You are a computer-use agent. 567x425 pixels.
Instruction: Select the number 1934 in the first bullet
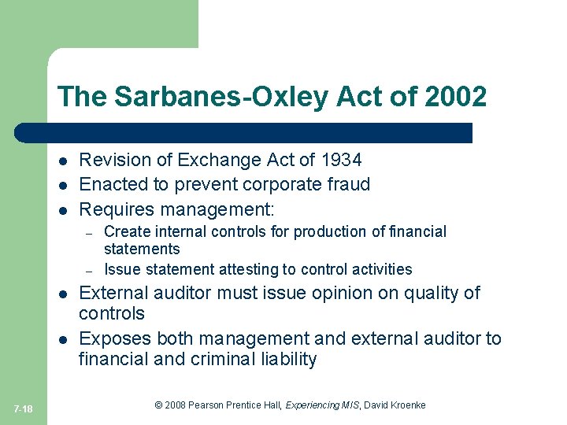point(341,160)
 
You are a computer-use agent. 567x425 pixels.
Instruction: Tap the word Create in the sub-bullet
point(124,231)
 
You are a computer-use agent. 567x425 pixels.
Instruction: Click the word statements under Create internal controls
point(142,249)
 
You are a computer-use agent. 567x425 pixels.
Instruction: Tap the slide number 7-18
point(23,408)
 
